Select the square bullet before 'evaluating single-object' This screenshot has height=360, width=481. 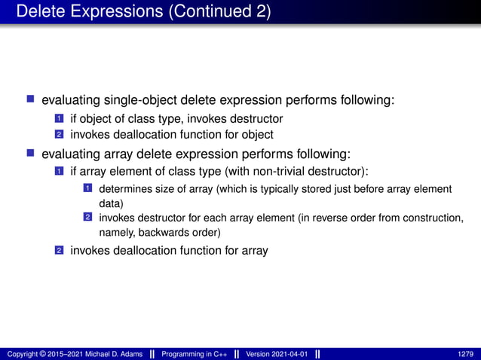[31, 99]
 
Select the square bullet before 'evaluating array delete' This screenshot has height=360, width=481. [31, 154]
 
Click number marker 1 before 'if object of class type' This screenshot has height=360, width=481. [59, 119]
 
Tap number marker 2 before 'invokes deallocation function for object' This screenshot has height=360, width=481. [59, 136]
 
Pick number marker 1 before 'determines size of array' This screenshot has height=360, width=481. [87, 189]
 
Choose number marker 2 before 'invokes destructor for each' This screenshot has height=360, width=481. [87, 218]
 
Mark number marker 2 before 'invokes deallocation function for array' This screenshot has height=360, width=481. [59, 251]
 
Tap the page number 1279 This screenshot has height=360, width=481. [466, 354]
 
